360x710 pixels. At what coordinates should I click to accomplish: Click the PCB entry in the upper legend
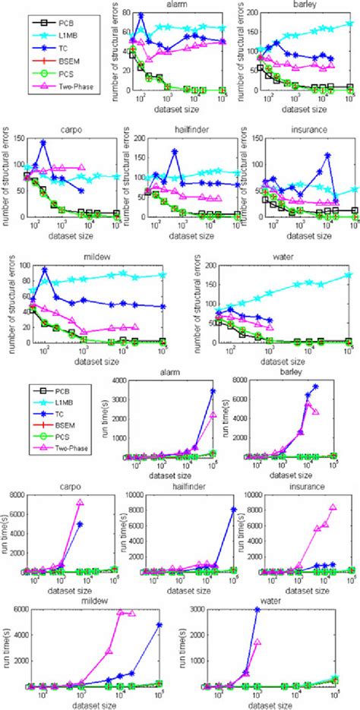64,15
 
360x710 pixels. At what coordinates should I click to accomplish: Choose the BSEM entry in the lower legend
65,417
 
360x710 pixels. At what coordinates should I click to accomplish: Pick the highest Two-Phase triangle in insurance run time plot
332,507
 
